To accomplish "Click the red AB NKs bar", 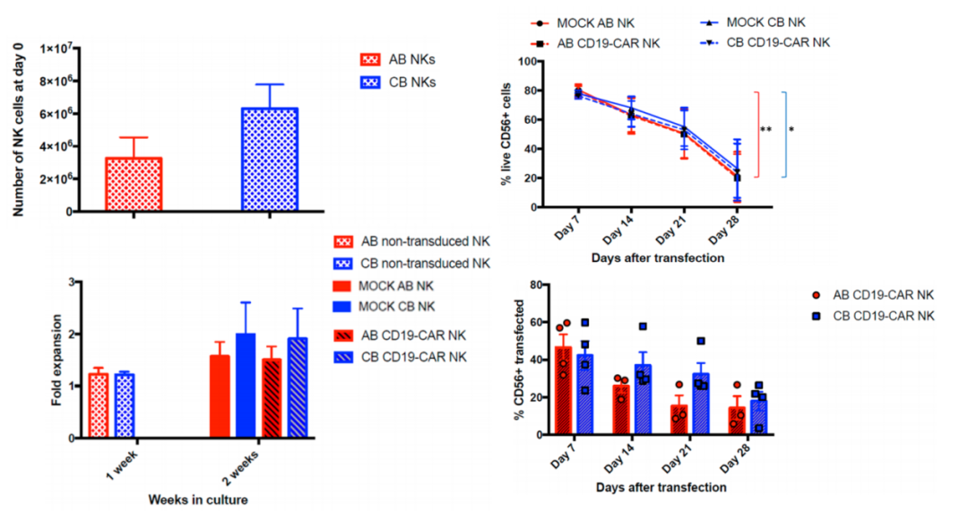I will coord(134,184).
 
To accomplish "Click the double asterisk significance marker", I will coord(766,131).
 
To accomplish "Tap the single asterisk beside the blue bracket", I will coord(791,130).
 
